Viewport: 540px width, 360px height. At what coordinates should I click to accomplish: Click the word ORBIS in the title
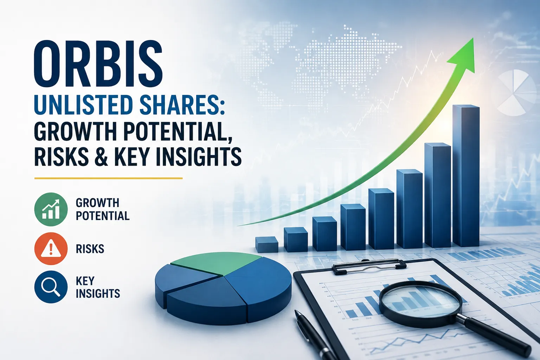98,65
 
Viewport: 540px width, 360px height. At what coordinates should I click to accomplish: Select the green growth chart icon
51,209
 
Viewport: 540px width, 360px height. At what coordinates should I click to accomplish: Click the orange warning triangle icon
51,249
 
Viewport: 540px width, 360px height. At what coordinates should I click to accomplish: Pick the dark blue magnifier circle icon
51,287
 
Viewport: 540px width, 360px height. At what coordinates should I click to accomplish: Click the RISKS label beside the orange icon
90,249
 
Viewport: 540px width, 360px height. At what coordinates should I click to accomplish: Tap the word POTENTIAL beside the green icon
103,216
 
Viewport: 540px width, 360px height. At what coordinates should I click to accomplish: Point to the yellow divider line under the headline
109,179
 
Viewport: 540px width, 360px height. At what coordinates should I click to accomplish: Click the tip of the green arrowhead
473,38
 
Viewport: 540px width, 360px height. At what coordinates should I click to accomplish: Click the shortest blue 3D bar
266,244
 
